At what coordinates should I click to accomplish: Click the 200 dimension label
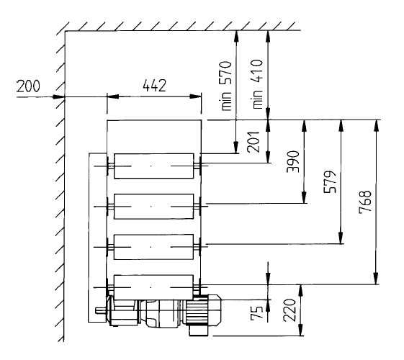pos(28,86)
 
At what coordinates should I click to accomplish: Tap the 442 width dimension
pos(155,86)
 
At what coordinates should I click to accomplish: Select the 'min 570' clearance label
pos(227,86)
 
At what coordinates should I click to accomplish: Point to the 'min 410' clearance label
pos(258,84)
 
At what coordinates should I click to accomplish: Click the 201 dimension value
pos(253,142)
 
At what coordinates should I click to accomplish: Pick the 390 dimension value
pos(294,161)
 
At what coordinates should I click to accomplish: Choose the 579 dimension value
pos(330,181)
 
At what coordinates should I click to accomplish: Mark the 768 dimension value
pos(365,202)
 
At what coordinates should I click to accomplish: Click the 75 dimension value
pos(257,312)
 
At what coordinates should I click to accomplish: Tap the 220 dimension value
pos(289,310)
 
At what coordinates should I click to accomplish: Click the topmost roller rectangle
pos(154,166)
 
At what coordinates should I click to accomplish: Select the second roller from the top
pos(154,207)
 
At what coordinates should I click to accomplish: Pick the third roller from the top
pos(154,247)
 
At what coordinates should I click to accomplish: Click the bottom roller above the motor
pos(154,287)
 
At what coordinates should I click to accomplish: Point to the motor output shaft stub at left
pos(101,311)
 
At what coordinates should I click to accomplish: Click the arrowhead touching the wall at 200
pos(58,97)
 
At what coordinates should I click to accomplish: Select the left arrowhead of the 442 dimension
pos(113,96)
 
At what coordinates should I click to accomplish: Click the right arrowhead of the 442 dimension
pos(195,96)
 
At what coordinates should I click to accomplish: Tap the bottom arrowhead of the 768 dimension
pos(377,279)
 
